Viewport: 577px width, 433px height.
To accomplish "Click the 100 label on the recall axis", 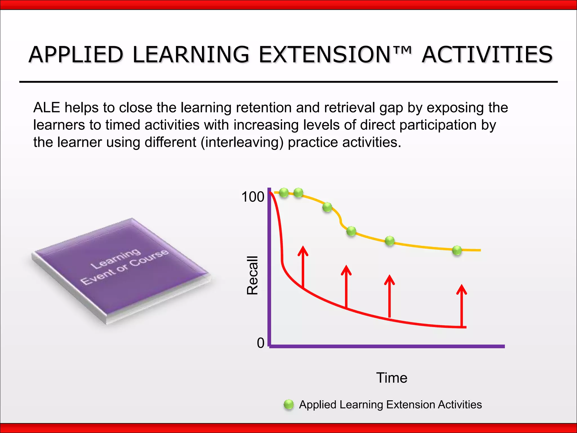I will tap(253, 197).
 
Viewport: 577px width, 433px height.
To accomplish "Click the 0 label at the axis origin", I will tap(261, 343).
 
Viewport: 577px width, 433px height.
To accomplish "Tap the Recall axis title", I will tap(252, 275).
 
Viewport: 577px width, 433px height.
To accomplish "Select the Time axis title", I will tap(392, 378).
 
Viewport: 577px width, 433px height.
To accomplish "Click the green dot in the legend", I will tap(288, 405).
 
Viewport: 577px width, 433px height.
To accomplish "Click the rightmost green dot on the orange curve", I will tap(457, 250).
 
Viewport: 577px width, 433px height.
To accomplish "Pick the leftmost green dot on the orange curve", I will tap(284, 193).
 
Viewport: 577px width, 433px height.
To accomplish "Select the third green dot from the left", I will tap(327, 207).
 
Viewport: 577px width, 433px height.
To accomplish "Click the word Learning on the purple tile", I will tap(115, 259).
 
